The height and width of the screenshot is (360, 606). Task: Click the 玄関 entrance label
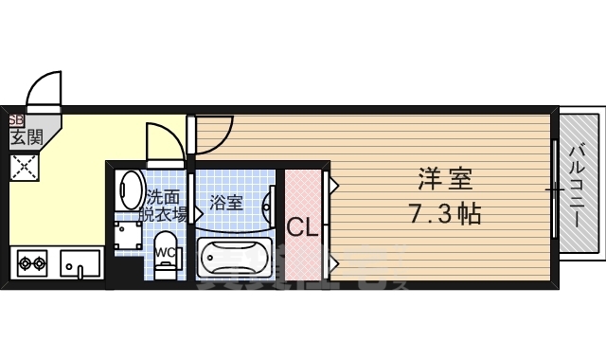(x=27, y=137)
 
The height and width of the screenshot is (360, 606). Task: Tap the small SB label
(x=15, y=120)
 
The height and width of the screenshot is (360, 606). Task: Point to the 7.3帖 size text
(x=446, y=213)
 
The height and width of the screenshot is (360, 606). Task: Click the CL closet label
(x=302, y=227)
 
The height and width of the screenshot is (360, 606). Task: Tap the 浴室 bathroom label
(x=226, y=202)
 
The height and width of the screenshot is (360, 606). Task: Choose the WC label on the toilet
(x=163, y=252)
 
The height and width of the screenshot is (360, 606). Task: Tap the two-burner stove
(x=32, y=261)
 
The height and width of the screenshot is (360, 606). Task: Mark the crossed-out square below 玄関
(x=23, y=168)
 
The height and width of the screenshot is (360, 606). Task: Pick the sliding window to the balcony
(x=554, y=189)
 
